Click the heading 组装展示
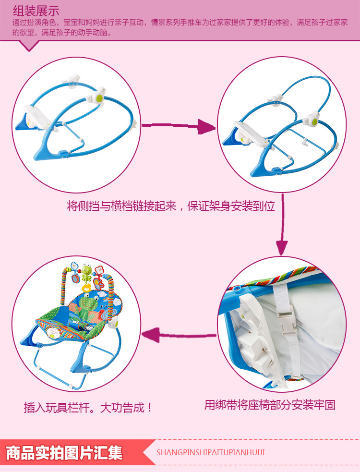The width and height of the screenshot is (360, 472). click(x=36, y=10)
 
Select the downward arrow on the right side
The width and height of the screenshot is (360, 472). click(x=283, y=226)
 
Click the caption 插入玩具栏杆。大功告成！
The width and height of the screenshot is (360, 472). click(x=89, y=408)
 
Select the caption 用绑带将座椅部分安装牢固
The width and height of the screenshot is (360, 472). click(x=270, y=405)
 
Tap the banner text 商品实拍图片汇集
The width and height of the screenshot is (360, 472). click(x=64, y=453)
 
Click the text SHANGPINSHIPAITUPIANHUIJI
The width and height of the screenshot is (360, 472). click(x=211, y=452)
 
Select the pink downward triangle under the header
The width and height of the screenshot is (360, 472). click(x=30, y=46)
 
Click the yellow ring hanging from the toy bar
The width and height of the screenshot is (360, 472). click(x=87, y=288)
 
